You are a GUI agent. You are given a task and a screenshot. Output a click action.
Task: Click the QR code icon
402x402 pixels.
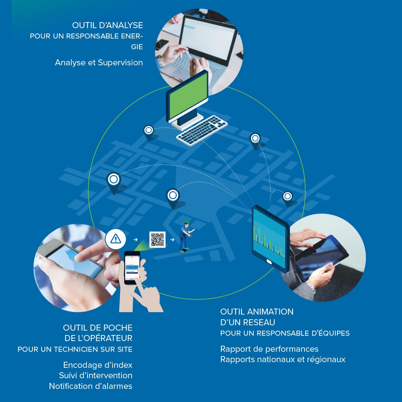click(157, 240)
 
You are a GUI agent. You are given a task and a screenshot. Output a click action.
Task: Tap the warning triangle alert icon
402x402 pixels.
click(116, 239)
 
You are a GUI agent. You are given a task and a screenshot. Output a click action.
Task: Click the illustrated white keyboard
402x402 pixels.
click(202, 130)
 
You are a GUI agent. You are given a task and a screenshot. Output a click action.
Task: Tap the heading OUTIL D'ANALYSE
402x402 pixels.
click(108, 25)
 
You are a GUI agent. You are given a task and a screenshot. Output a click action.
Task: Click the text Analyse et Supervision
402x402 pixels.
click(99, 63)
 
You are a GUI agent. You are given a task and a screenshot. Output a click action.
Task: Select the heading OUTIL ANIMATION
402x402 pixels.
click(257, 312)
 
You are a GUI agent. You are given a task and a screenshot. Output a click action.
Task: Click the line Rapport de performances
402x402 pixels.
click(269, 349)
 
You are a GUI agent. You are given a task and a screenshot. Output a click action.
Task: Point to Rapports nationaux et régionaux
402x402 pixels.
click(283, 359)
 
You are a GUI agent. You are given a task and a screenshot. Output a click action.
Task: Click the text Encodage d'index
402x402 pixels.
click(97, 365)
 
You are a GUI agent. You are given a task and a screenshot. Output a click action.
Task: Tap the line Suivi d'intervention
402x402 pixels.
click(95, 376)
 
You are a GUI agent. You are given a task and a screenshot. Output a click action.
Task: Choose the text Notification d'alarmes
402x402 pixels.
click(90, 386)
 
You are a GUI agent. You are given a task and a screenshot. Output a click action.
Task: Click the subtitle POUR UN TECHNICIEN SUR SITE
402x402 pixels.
click(75, 349)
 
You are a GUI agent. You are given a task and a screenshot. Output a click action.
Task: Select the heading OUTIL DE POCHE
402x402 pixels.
click(97, 328)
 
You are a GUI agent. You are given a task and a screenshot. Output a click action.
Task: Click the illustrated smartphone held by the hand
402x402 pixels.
click(132, 267)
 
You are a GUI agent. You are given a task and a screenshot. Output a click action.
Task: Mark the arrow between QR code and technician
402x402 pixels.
click(172, 240)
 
